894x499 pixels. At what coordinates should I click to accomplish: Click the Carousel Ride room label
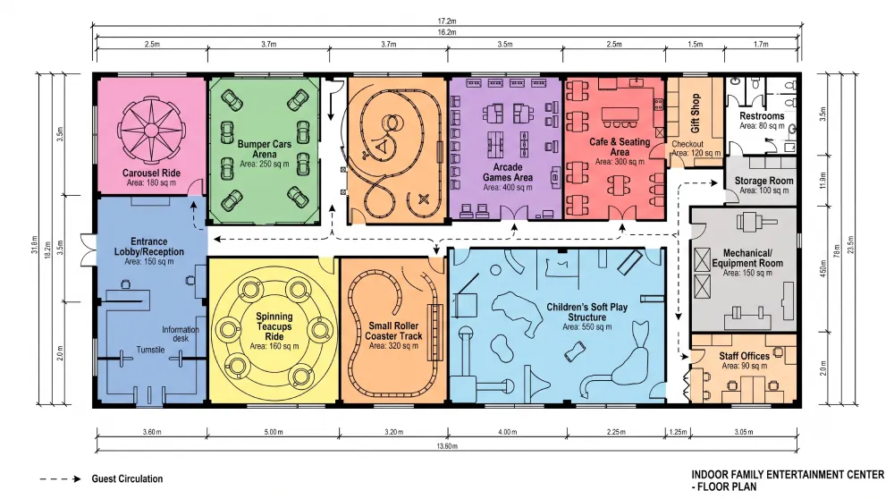151,173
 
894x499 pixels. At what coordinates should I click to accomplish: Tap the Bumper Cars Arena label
264,148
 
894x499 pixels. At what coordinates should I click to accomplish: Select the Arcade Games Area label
508,173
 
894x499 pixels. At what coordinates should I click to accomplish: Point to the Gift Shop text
695,113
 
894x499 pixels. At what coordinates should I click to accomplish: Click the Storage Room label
763,181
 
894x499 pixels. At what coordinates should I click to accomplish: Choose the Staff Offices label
744,356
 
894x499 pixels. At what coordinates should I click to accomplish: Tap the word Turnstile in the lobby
150,350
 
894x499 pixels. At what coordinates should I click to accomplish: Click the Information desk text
181,334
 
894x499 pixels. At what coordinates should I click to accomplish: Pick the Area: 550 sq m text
586,326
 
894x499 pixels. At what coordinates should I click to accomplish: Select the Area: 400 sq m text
508,187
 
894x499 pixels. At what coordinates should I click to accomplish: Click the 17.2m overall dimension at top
447,21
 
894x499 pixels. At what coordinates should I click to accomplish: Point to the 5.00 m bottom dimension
273,432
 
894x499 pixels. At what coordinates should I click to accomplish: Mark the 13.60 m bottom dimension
447,446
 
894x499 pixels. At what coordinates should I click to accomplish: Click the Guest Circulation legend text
127,478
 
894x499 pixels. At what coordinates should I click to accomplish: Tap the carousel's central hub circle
151,130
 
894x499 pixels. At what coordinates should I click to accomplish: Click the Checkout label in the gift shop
687,144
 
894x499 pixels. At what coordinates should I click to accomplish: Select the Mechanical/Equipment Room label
746,258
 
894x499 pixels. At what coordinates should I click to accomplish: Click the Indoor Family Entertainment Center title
788,480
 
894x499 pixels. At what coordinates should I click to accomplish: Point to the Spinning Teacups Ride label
274,326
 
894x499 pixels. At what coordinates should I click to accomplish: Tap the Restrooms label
762,115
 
